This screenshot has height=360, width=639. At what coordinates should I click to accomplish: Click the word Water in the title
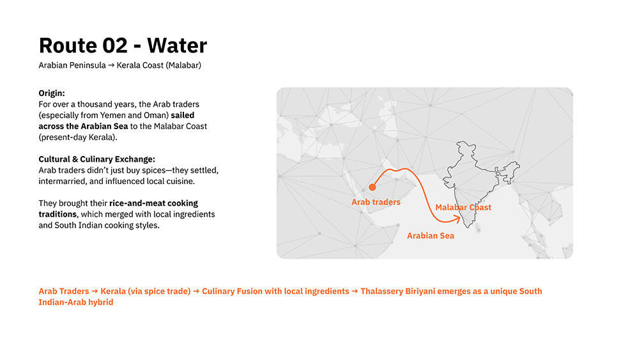pos(177,45)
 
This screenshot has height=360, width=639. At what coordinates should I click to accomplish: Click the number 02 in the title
pos(115,45)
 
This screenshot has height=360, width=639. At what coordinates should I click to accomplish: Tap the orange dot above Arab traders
pos(372,187)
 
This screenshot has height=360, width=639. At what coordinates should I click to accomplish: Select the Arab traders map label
pos(376,202)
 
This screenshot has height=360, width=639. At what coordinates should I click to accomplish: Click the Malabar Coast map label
pos(463,207)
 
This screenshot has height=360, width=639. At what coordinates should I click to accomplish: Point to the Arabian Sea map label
pos(430,236)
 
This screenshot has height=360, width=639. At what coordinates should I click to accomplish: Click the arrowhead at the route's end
pos(458,220)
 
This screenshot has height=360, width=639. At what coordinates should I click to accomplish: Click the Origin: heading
pos(52,93)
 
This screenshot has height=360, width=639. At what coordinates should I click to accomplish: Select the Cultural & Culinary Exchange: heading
pos(97,159)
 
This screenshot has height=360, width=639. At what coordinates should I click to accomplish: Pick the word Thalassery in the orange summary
pos(381,292)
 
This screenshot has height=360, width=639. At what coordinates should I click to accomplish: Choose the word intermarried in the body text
pos(61,182)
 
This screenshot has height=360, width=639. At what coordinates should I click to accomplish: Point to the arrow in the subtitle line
pos(111,65)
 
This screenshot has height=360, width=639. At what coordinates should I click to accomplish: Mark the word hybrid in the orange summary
pos(102,302)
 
